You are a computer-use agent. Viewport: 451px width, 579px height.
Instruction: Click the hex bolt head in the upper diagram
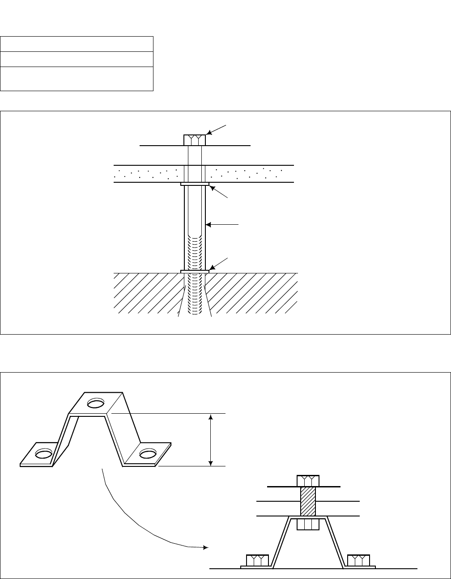[x=195, y=140]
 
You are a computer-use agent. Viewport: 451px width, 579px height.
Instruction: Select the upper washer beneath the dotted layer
[x=195, y=184]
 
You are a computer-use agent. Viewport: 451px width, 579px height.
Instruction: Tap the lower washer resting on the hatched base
[x=195, y=271]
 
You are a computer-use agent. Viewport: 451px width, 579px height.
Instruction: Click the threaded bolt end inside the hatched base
[x=195, y=295]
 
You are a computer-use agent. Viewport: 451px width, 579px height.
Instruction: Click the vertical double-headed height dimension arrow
[x=211, y=440]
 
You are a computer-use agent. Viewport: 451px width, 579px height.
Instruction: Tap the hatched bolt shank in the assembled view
[x=308, y=501]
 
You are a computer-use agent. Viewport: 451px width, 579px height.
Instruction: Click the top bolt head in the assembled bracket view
[x=308, y=481]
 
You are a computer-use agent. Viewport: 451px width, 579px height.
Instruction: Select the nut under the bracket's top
[x=308, y=524]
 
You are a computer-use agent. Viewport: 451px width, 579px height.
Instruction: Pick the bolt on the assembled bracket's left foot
[x=257, y=560]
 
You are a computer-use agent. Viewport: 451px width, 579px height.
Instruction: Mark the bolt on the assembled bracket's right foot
[x=359, y=560]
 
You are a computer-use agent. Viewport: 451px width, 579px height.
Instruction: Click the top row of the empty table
[x=77, y=44]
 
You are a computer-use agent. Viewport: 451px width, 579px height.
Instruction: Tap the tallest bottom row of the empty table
[x=77, y=79]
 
